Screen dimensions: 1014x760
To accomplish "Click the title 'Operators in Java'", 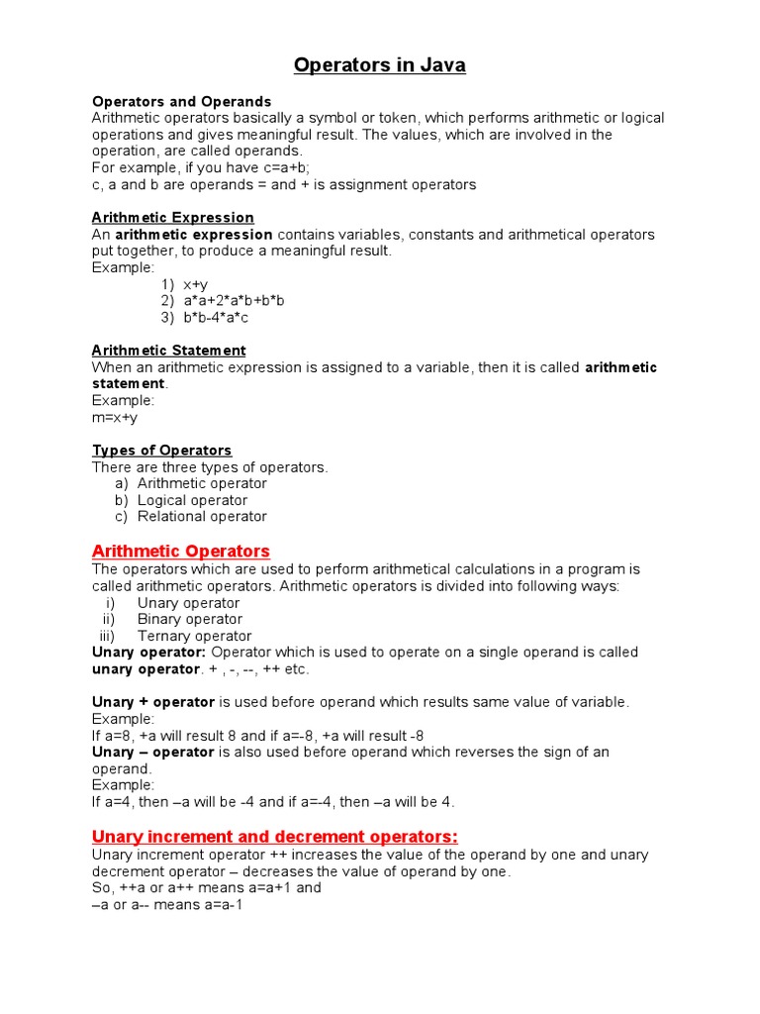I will [x=380, y=66].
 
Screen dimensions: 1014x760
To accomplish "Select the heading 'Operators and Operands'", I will [x=181, y=102].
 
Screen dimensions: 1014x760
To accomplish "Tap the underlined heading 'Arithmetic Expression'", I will [x=173, y=218].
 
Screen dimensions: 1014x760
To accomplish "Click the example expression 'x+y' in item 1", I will [x=195, y=285].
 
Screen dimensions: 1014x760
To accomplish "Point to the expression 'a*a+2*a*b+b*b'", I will [x=234, y=301].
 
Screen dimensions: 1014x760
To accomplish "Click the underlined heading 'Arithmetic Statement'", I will [x=168, y=351].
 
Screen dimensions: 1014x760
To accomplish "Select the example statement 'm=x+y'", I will [x=115, y=418].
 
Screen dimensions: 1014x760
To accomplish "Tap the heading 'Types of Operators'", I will [x=162, y=451].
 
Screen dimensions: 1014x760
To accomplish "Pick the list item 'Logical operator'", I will [x=192, y=500].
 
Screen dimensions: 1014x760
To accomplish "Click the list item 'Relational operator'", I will [x=202, y=517].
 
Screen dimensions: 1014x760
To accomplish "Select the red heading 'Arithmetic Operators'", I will [x=181, y=552].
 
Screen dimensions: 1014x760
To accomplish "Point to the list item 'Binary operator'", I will [x=189, y=620].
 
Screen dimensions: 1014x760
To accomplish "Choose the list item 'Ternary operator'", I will [x=194, y=637].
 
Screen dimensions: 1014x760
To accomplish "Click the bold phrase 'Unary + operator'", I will [x=153, y=702].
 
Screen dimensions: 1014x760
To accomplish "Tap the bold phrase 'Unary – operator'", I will [x=153, y=753].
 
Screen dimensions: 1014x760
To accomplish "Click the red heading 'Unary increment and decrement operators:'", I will [x=275, y=836].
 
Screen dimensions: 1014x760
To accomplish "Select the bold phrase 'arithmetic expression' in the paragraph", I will [x=194, y=235].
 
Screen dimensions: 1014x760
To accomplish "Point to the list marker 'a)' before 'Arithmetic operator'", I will [x=122, y=484].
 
